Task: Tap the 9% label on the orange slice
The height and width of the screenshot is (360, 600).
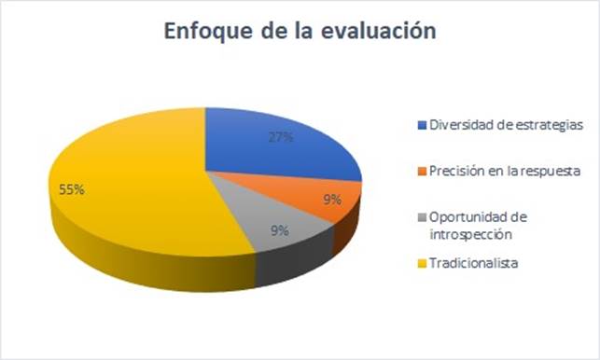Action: (332, 199)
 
